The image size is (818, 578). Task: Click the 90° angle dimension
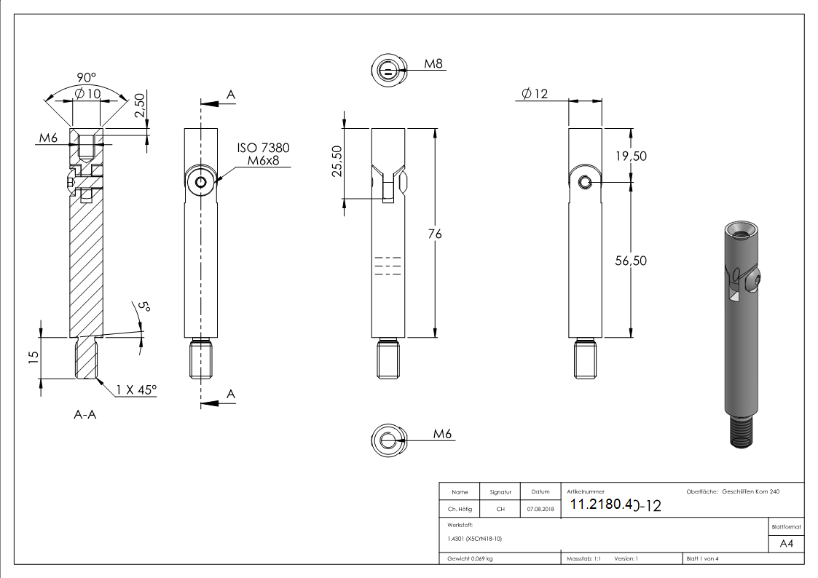87,77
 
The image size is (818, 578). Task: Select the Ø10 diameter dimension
87,94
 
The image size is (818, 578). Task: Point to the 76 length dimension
435,234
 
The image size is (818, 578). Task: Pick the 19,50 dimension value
631,156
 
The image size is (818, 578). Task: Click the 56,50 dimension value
631,261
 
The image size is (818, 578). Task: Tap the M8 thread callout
434,64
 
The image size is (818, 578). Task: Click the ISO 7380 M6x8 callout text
263,154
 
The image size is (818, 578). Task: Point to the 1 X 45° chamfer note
135,390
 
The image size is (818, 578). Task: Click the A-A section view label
85,415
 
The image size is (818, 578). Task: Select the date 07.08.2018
540,510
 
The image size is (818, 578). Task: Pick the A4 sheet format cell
787,543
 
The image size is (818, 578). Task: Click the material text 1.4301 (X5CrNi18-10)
475,539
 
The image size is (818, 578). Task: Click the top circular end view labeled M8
390,71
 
